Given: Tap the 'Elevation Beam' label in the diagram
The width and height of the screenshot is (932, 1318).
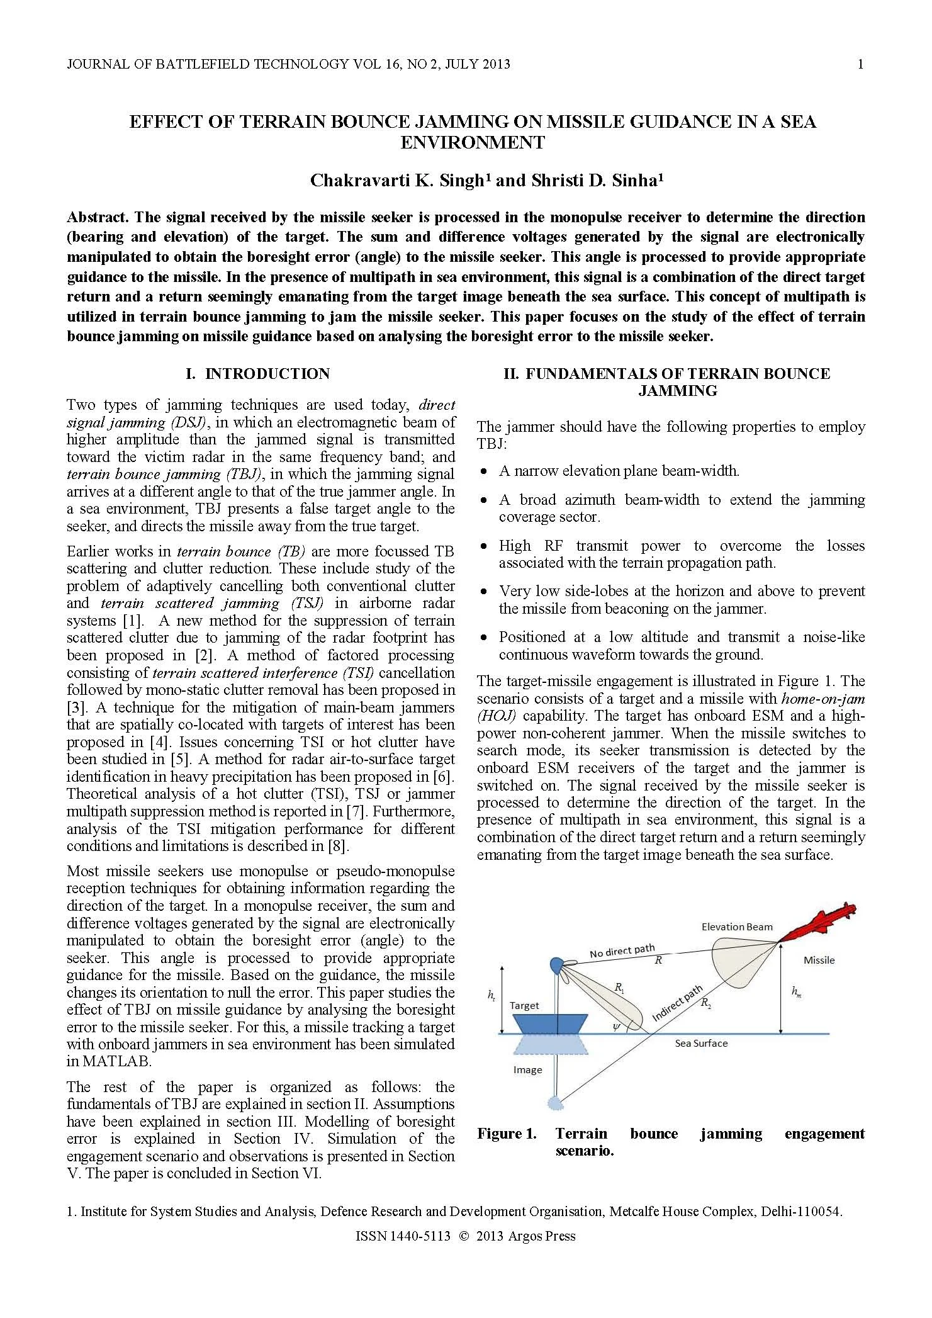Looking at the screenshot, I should pos(736,927).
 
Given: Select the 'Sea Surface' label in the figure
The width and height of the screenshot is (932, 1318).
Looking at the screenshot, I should pos(701,1043).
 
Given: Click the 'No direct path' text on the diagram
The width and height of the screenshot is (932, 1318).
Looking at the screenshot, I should pos(622,951).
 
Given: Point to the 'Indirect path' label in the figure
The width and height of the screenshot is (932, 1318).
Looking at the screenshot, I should pos(677,1003).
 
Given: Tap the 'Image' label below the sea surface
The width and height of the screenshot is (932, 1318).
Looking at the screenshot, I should pos(527,1069).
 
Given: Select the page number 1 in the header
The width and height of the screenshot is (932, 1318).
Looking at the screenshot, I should pos(860,64).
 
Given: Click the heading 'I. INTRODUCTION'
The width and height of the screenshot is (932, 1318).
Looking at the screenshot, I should pos(257,374).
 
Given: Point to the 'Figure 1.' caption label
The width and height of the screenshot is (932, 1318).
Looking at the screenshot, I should pos(507,1134).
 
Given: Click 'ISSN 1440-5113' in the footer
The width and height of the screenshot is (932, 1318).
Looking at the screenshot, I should pos(403,1236).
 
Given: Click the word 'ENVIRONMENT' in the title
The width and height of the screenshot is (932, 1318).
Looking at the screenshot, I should pos(473,142).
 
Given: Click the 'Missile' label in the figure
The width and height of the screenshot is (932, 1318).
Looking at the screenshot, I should pos(819,960).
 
